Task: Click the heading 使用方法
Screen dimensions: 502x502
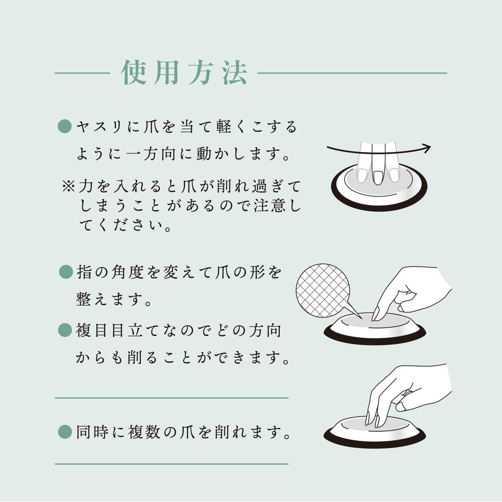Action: [184, 73]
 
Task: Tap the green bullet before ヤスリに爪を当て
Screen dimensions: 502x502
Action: [65, 126]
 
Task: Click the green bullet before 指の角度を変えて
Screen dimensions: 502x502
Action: [66, 272]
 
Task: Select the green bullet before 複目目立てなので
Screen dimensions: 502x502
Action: [65, 330]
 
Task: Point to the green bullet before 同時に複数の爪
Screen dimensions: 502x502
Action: [65, 432]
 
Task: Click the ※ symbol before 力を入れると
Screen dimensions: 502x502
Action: [69, 186]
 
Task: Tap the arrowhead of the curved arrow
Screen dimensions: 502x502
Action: [427, 149]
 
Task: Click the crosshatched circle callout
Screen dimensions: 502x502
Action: [323, 291]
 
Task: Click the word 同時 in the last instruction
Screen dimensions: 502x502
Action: [92, 432]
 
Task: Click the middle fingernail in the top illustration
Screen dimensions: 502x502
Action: [378, 177]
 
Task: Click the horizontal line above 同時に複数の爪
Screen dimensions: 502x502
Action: [172, 398]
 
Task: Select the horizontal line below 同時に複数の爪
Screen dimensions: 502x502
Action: [172, 464]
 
